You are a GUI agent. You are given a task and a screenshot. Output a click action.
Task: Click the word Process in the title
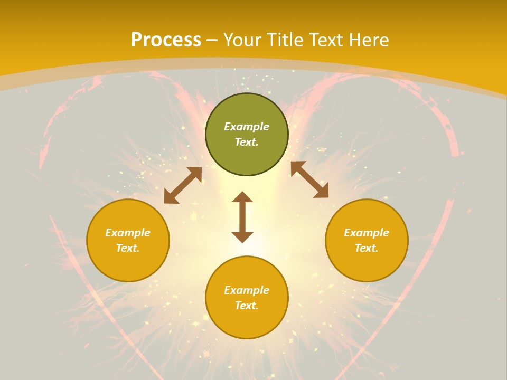(166, 40)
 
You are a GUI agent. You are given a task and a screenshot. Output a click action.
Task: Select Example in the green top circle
(247, 127)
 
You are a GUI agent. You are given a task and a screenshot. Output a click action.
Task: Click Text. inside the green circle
(247, 142)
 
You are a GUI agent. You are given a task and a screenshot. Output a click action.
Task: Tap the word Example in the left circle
(128, 233)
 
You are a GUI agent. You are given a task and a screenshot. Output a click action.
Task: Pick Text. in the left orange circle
(128, 248)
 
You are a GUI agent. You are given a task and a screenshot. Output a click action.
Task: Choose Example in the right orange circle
(367, 233)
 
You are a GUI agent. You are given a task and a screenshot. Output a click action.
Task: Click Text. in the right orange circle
(367, 248)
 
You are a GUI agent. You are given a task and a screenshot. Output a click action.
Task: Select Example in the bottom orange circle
(247, 290)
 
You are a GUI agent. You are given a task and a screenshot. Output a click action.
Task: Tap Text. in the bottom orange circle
(247, 306)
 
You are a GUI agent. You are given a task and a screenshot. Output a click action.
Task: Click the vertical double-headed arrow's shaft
(242, 217)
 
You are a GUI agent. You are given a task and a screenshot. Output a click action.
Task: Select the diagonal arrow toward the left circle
(183, 185)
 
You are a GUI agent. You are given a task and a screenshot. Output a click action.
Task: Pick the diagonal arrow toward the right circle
(309, 179)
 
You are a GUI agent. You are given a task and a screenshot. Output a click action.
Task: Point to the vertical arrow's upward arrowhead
(242, 197)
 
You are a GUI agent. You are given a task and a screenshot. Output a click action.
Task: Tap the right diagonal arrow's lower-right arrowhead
(322, 192)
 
